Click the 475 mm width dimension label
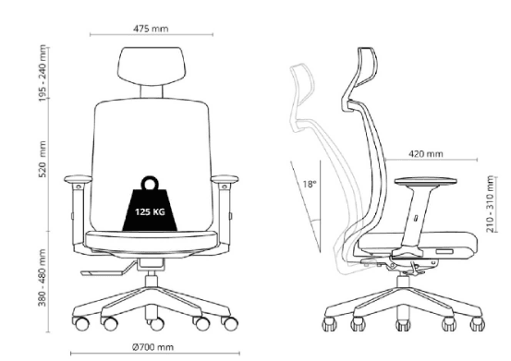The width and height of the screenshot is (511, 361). tap(151, 29)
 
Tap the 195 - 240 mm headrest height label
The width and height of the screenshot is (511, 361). tap(43, 73)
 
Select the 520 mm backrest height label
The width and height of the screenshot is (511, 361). tap(43, 159)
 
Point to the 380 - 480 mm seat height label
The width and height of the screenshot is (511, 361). tap(42, 278)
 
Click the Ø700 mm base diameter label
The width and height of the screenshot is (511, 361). tap(152, 347)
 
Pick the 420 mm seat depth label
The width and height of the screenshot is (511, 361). tap(426, 153)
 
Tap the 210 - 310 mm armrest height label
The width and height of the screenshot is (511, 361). tap(490, 204)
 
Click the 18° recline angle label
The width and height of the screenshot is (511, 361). tap(310, 185)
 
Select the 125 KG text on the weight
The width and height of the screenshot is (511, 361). tap(150, 212)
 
